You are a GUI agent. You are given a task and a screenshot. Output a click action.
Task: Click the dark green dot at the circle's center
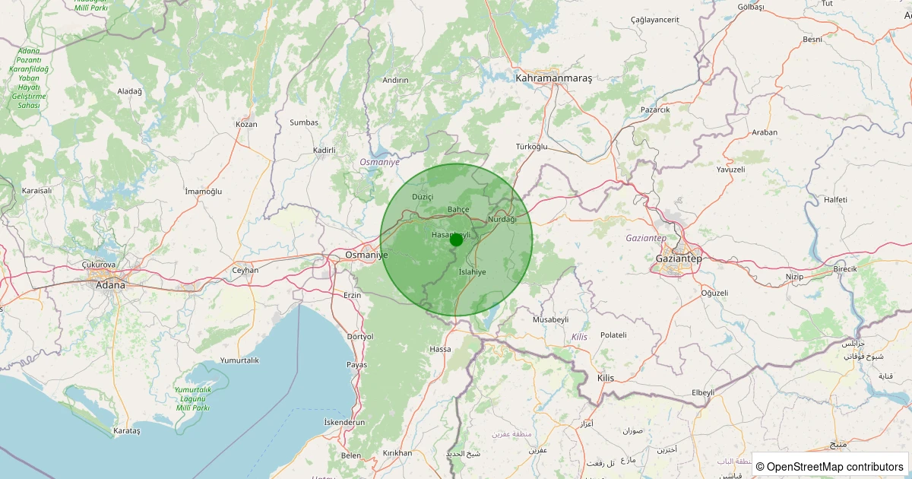pyautogui.click(x=456, y=239)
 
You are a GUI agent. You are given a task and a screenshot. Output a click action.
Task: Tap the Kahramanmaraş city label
pyautogui.click(x=553, y=78)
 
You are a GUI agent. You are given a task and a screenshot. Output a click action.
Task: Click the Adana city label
pyautogui.click(x=110, y=285)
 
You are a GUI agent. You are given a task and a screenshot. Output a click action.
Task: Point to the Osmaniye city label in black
pyautogui.click(x=366, y=255)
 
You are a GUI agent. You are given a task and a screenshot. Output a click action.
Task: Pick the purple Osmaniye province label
pyautogui.click(x=379, y=163)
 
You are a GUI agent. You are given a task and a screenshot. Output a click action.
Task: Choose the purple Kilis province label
pyautogui.click(x=580, y=337)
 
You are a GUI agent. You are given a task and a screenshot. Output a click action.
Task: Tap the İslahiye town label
pyautogui.click(x=472, y=272)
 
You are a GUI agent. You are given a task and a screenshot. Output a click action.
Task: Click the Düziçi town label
pyautogui.click(x=422, y=196)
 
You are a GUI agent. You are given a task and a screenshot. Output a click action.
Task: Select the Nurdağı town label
pyautogui.click(x=502, y=220)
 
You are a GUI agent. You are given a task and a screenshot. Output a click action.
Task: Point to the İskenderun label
pyautogui.click(x=344, y=423)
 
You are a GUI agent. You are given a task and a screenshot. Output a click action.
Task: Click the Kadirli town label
pyautogui.click(x=325, y=151)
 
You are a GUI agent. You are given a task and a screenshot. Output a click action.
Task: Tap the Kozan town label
pyautogui.click(x=247, y=124)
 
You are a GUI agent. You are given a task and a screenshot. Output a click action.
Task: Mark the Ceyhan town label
pyautogui.click(x=245, y=270)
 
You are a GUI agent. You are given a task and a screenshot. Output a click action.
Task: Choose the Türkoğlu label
pyautogui.click(x=531, y=146)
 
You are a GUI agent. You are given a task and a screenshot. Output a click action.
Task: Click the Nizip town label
pyautogui.click(x=794, y=277)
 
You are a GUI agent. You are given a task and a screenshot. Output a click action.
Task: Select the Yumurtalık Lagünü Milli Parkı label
pyautogui.click(x=193, y=398)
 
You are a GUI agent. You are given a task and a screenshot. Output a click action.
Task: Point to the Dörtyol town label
pyautogui.click(x=359, y=336)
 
